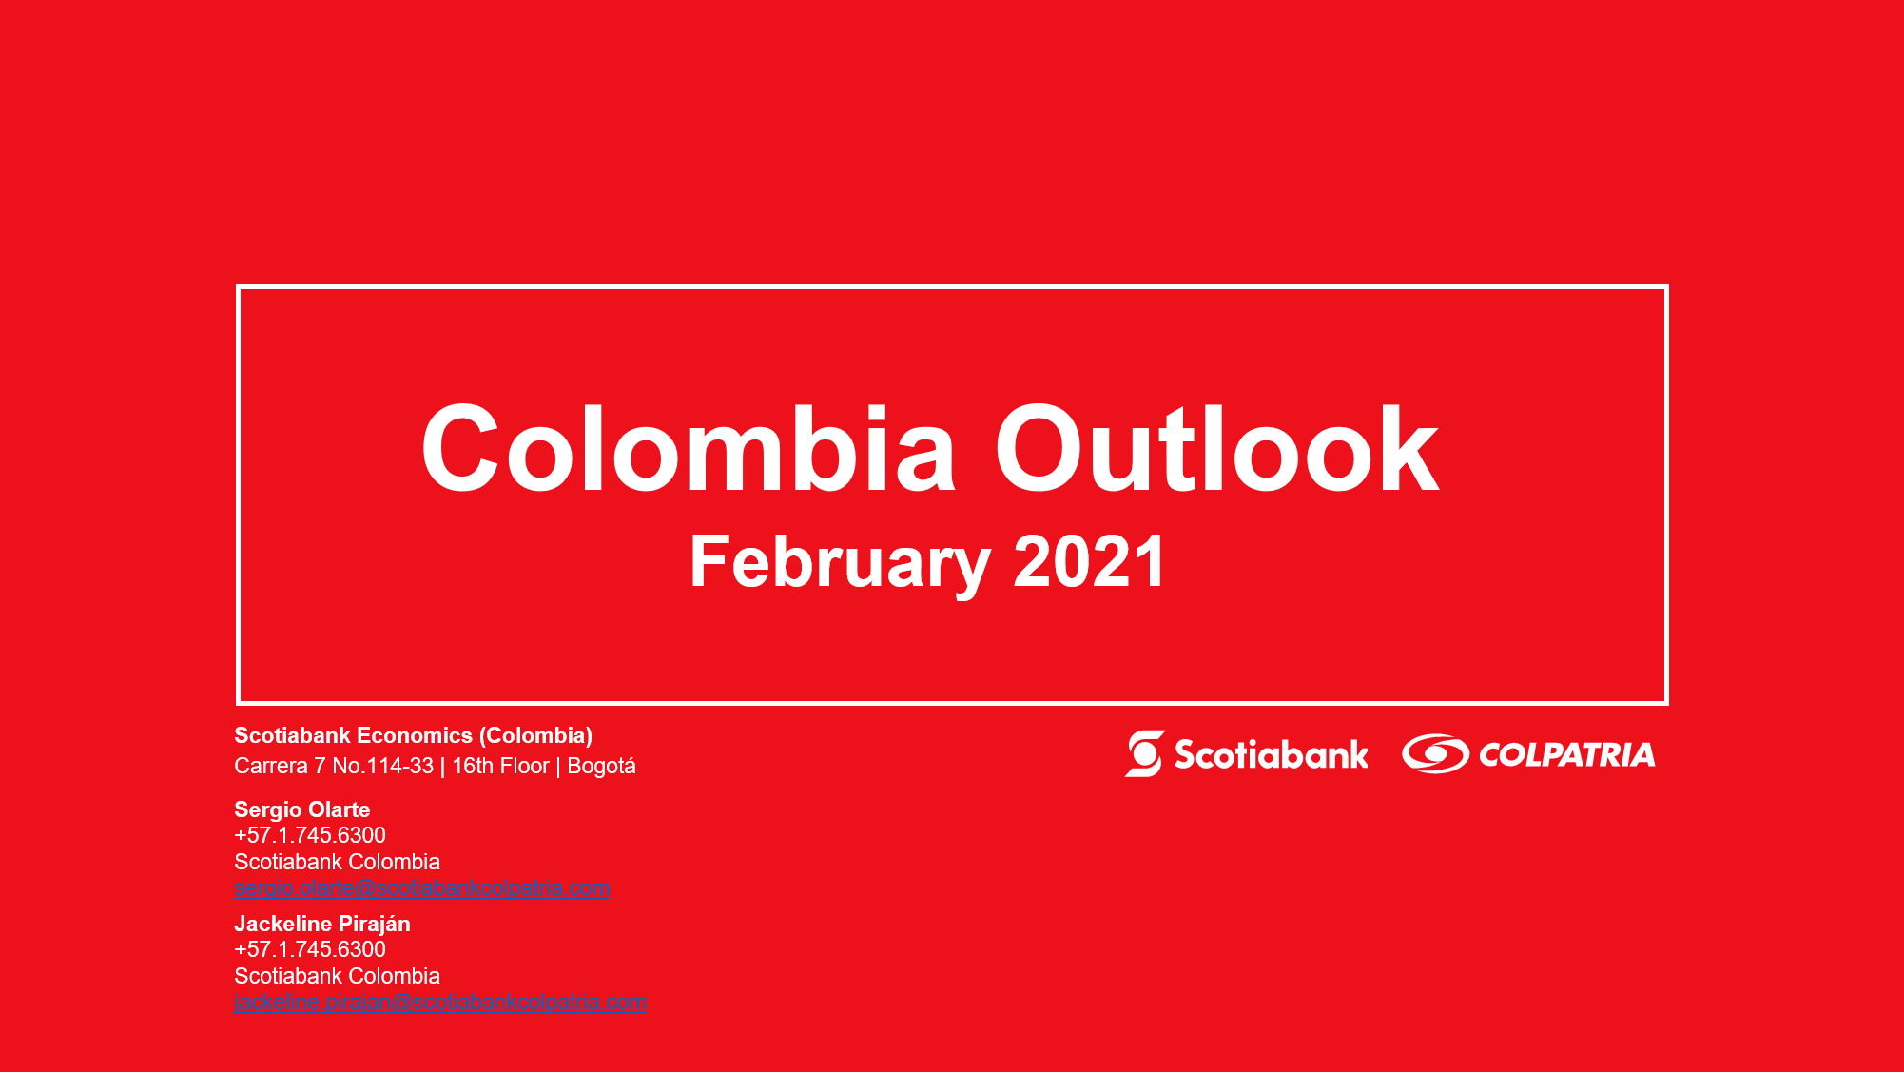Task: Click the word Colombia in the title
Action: (688, 448)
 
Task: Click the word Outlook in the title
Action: (1217, 448)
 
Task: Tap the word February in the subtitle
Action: (840, 563)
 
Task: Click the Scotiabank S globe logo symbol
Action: (1145, 753)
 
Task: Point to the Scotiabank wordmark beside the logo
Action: (1272, 754)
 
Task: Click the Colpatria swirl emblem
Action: (1436, 753)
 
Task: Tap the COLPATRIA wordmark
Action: (1567, 755)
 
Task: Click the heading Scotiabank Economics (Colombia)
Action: (414, 736)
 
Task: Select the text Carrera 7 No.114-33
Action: (334, 766)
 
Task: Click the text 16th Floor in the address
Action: (500, 766)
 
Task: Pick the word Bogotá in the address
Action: (601, 766)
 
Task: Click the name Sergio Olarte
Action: (302, 809)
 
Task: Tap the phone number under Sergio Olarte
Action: (310, 835)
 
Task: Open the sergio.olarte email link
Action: (422, 888)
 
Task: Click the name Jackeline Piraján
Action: (322, 924)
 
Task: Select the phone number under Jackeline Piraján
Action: (310, 949)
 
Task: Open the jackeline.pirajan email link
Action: (440, 1003)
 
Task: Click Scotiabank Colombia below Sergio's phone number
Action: (338, 862)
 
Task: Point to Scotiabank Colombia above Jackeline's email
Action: (338, 976)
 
